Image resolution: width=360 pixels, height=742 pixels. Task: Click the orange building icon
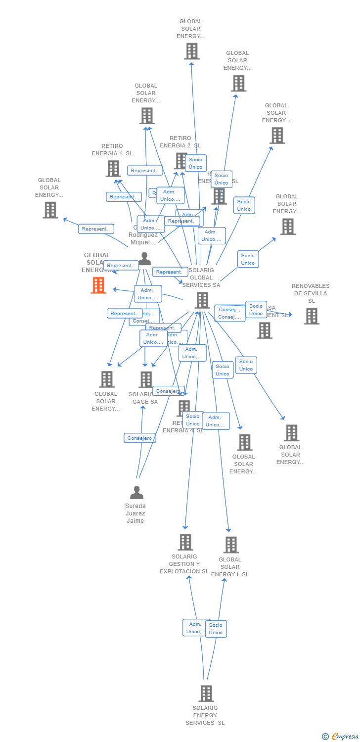coord(98,285)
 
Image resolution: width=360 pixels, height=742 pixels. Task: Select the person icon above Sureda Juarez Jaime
coord(136,492)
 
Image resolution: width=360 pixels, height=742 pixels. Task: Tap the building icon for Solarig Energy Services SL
coord(206,693)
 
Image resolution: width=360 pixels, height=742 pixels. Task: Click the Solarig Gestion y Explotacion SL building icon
coord(185,542)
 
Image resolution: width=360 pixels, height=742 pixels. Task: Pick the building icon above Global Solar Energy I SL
coord(230,545)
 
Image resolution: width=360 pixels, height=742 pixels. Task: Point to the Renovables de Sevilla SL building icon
coord(311,316)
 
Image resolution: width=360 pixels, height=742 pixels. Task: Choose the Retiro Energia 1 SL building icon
coord(113,168)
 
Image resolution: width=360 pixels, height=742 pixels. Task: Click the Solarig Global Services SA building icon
coord(202,300)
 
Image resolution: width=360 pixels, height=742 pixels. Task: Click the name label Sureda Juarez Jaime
coord(135,513)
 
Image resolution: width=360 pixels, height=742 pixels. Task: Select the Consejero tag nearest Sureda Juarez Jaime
coord(140,438)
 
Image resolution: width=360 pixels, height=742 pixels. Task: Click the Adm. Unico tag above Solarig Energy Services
coord(196,628)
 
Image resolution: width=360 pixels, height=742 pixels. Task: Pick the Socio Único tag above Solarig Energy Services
coord(216,629)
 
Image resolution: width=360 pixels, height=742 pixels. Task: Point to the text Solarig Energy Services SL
coord(205,715)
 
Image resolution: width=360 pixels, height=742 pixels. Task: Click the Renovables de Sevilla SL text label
coord(311,293)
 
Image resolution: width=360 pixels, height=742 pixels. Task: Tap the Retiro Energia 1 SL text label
coord(112,149)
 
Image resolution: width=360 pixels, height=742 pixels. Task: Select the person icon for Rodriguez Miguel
coord(144,258)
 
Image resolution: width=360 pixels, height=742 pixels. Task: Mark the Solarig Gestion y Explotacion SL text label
coord(184,564)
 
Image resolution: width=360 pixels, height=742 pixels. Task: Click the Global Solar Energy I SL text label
coord(230,567)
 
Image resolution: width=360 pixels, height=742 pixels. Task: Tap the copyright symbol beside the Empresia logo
coord(325,737)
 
